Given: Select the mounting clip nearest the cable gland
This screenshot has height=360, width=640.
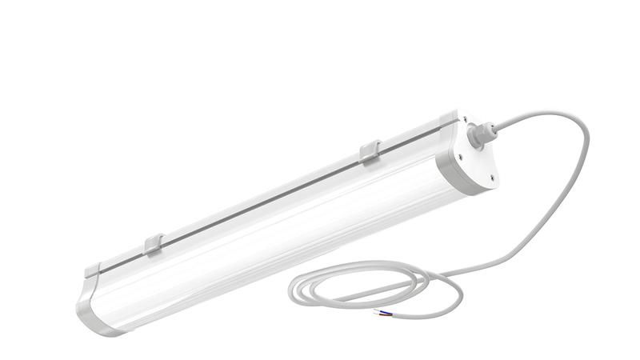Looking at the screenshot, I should click(370, 151).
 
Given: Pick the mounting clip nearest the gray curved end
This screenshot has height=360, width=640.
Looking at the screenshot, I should click(154, 244).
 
